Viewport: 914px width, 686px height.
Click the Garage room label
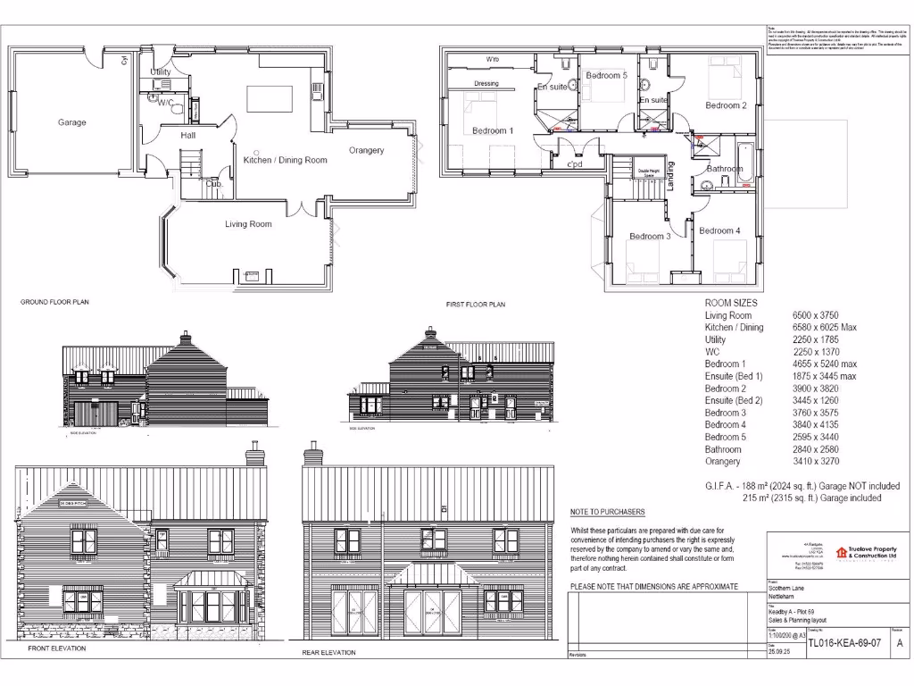click(x=72, y=122)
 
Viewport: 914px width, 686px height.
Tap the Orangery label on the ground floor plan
click(x=366, y=150)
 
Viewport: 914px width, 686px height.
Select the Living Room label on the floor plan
click(x=248, y=224)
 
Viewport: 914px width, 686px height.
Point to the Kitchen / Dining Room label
click(x=285, y=161)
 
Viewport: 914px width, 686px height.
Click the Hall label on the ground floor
click(x=188, y=135)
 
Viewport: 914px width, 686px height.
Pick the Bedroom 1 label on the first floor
click(x=493, y=131)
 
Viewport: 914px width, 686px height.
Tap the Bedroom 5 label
click(x=606, y=76)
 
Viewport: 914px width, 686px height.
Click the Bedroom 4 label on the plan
click(x=719, y=231)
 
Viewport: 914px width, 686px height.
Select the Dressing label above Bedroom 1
click(x=486, y=84)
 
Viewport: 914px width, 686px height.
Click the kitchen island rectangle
click(x=270, y=98)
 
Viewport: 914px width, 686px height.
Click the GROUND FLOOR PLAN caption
click(x=54, y=302)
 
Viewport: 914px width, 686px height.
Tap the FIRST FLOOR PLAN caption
click(x=476, y=305)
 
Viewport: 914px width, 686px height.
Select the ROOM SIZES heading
click(x=731, y=303)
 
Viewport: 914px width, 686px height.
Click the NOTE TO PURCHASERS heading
click(x=607, y=512)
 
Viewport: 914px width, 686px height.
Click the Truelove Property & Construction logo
click(x=867, y=554)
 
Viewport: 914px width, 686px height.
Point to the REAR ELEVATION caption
click(x=328, y=653)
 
